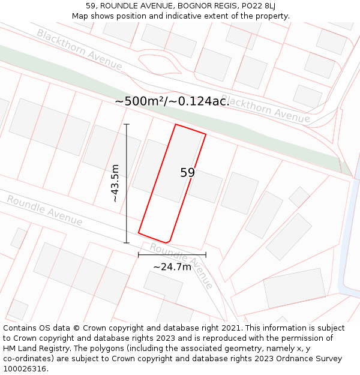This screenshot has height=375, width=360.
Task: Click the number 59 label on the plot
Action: tap(187, 173)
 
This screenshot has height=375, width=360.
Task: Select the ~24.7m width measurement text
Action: tap(172, 266)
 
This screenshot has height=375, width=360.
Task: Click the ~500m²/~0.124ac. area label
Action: tap(172, 101)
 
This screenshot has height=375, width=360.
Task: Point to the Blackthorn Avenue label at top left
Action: tap(79, 49)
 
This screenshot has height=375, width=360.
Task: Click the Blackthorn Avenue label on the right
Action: tap(266, 109)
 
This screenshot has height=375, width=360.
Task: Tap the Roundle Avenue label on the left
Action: tap(44, 211)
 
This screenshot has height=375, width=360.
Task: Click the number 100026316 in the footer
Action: tap(26, 369)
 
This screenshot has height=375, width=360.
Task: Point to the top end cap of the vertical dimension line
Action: tap(127, 124)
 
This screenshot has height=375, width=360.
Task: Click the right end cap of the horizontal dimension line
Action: tap(206, 254)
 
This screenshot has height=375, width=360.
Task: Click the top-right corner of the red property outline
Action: tap(206, 134)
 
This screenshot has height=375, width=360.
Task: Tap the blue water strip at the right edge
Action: tap(350, 240)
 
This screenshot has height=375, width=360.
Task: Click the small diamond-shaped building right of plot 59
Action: tap(299, 197)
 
